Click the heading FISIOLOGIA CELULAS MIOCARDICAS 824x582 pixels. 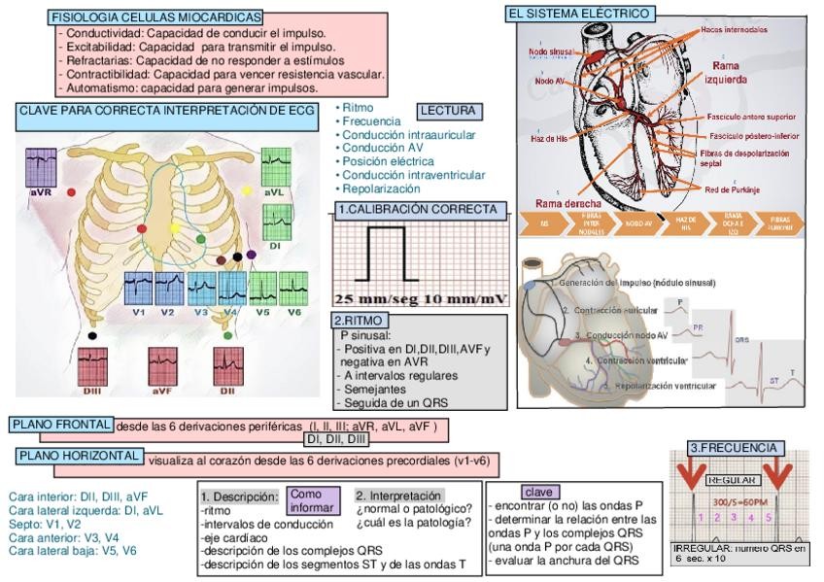coord(155,17)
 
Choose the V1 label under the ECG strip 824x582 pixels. coord(139,312)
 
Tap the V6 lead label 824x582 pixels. coord(293,312)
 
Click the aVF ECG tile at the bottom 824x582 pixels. coord(161,366)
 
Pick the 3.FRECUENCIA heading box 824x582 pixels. coord(733,448)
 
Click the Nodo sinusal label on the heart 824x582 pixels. coord(550,51)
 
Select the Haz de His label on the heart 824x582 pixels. coord(549,138)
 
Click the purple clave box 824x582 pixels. coord(536,492)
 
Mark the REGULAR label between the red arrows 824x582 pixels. coord(733,480)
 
